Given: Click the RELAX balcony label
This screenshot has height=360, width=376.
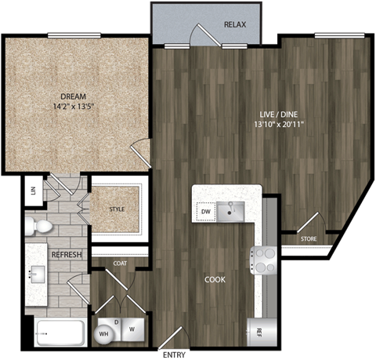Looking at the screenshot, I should pos(235,25).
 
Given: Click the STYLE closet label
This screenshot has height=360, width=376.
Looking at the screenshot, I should pos(117,209).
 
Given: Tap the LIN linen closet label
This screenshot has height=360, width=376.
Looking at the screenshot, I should pos(33,191).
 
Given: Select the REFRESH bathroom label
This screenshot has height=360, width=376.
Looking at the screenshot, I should pos(67,256).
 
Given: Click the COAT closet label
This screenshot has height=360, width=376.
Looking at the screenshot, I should pos(120,264).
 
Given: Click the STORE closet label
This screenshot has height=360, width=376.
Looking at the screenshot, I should pos(309,238).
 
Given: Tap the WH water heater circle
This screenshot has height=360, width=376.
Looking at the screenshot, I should pos(103,335).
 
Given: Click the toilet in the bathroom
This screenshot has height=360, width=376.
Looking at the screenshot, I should pos(39,227).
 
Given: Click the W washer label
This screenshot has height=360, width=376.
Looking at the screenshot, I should pos(132,330).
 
